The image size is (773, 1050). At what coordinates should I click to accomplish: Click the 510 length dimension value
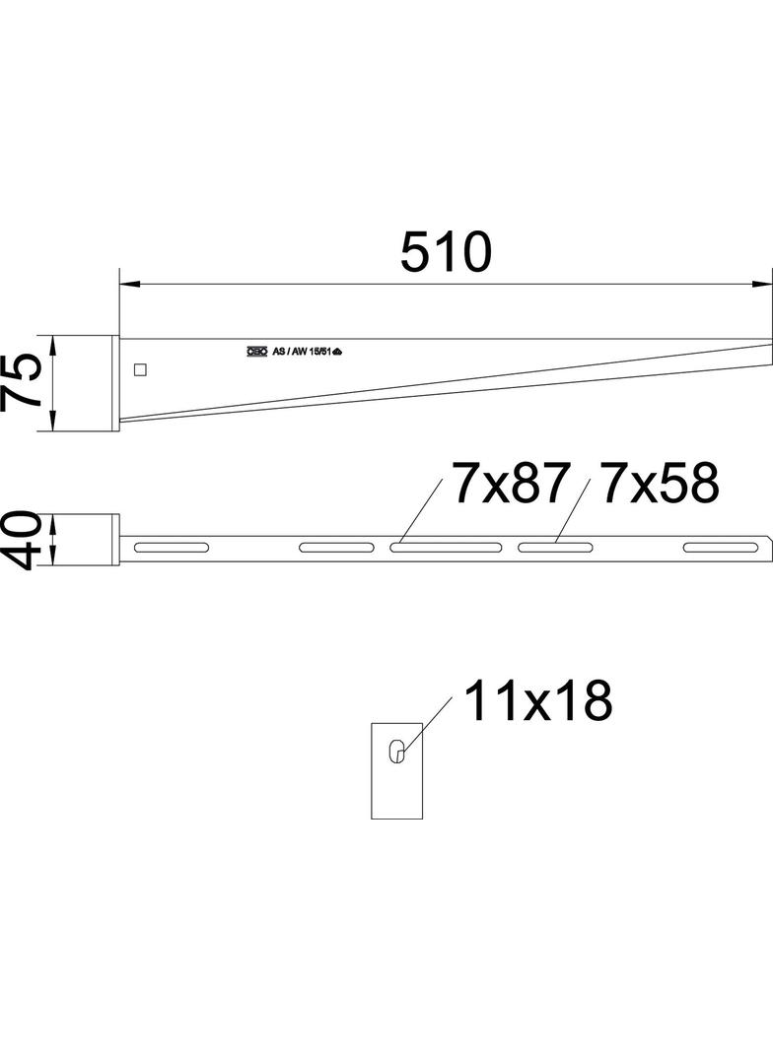[445, 252]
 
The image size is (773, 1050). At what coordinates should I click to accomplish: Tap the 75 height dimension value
[22, 382]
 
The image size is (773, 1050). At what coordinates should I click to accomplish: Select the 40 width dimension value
[22, 540]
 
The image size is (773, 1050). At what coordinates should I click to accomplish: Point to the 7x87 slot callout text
[512, 485]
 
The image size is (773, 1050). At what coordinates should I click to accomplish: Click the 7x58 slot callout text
[661, 485]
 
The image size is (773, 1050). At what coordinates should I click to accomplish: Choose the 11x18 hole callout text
[537, 702]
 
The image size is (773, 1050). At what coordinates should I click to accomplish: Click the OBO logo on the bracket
[257, 351]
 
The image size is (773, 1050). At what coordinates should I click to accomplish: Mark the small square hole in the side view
[140, 370]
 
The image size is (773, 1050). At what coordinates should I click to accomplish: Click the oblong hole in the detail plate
[396, 751]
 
